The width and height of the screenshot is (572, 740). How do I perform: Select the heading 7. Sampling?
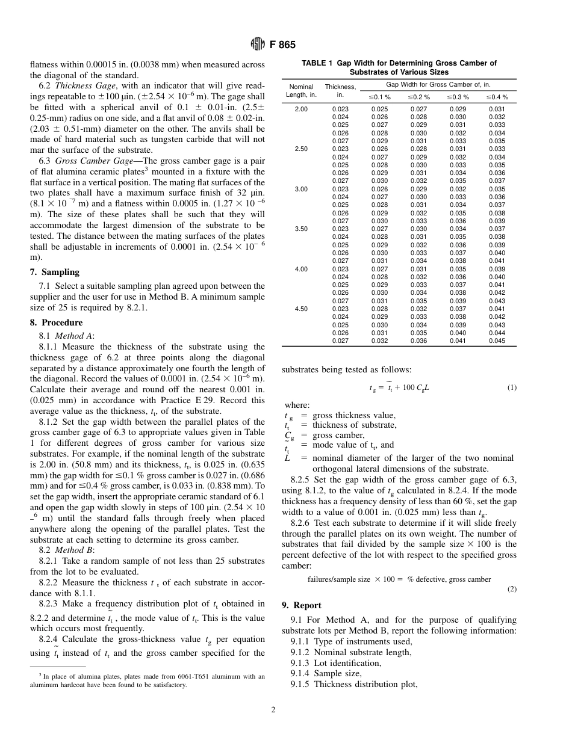54,272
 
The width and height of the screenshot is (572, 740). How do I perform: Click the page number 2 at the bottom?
273,710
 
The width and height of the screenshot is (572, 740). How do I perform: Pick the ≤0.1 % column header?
379,97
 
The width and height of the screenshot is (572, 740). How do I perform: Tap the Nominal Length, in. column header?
300,91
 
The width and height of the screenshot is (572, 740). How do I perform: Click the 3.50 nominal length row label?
300,229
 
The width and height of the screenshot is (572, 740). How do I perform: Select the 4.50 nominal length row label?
300,309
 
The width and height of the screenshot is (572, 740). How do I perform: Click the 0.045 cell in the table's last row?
497,341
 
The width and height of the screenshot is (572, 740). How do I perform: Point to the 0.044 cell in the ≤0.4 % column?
497,333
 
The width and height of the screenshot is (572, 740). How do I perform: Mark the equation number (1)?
511,387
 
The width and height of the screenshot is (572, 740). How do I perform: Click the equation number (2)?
511,590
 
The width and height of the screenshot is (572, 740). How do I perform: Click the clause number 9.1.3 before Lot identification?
301,663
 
